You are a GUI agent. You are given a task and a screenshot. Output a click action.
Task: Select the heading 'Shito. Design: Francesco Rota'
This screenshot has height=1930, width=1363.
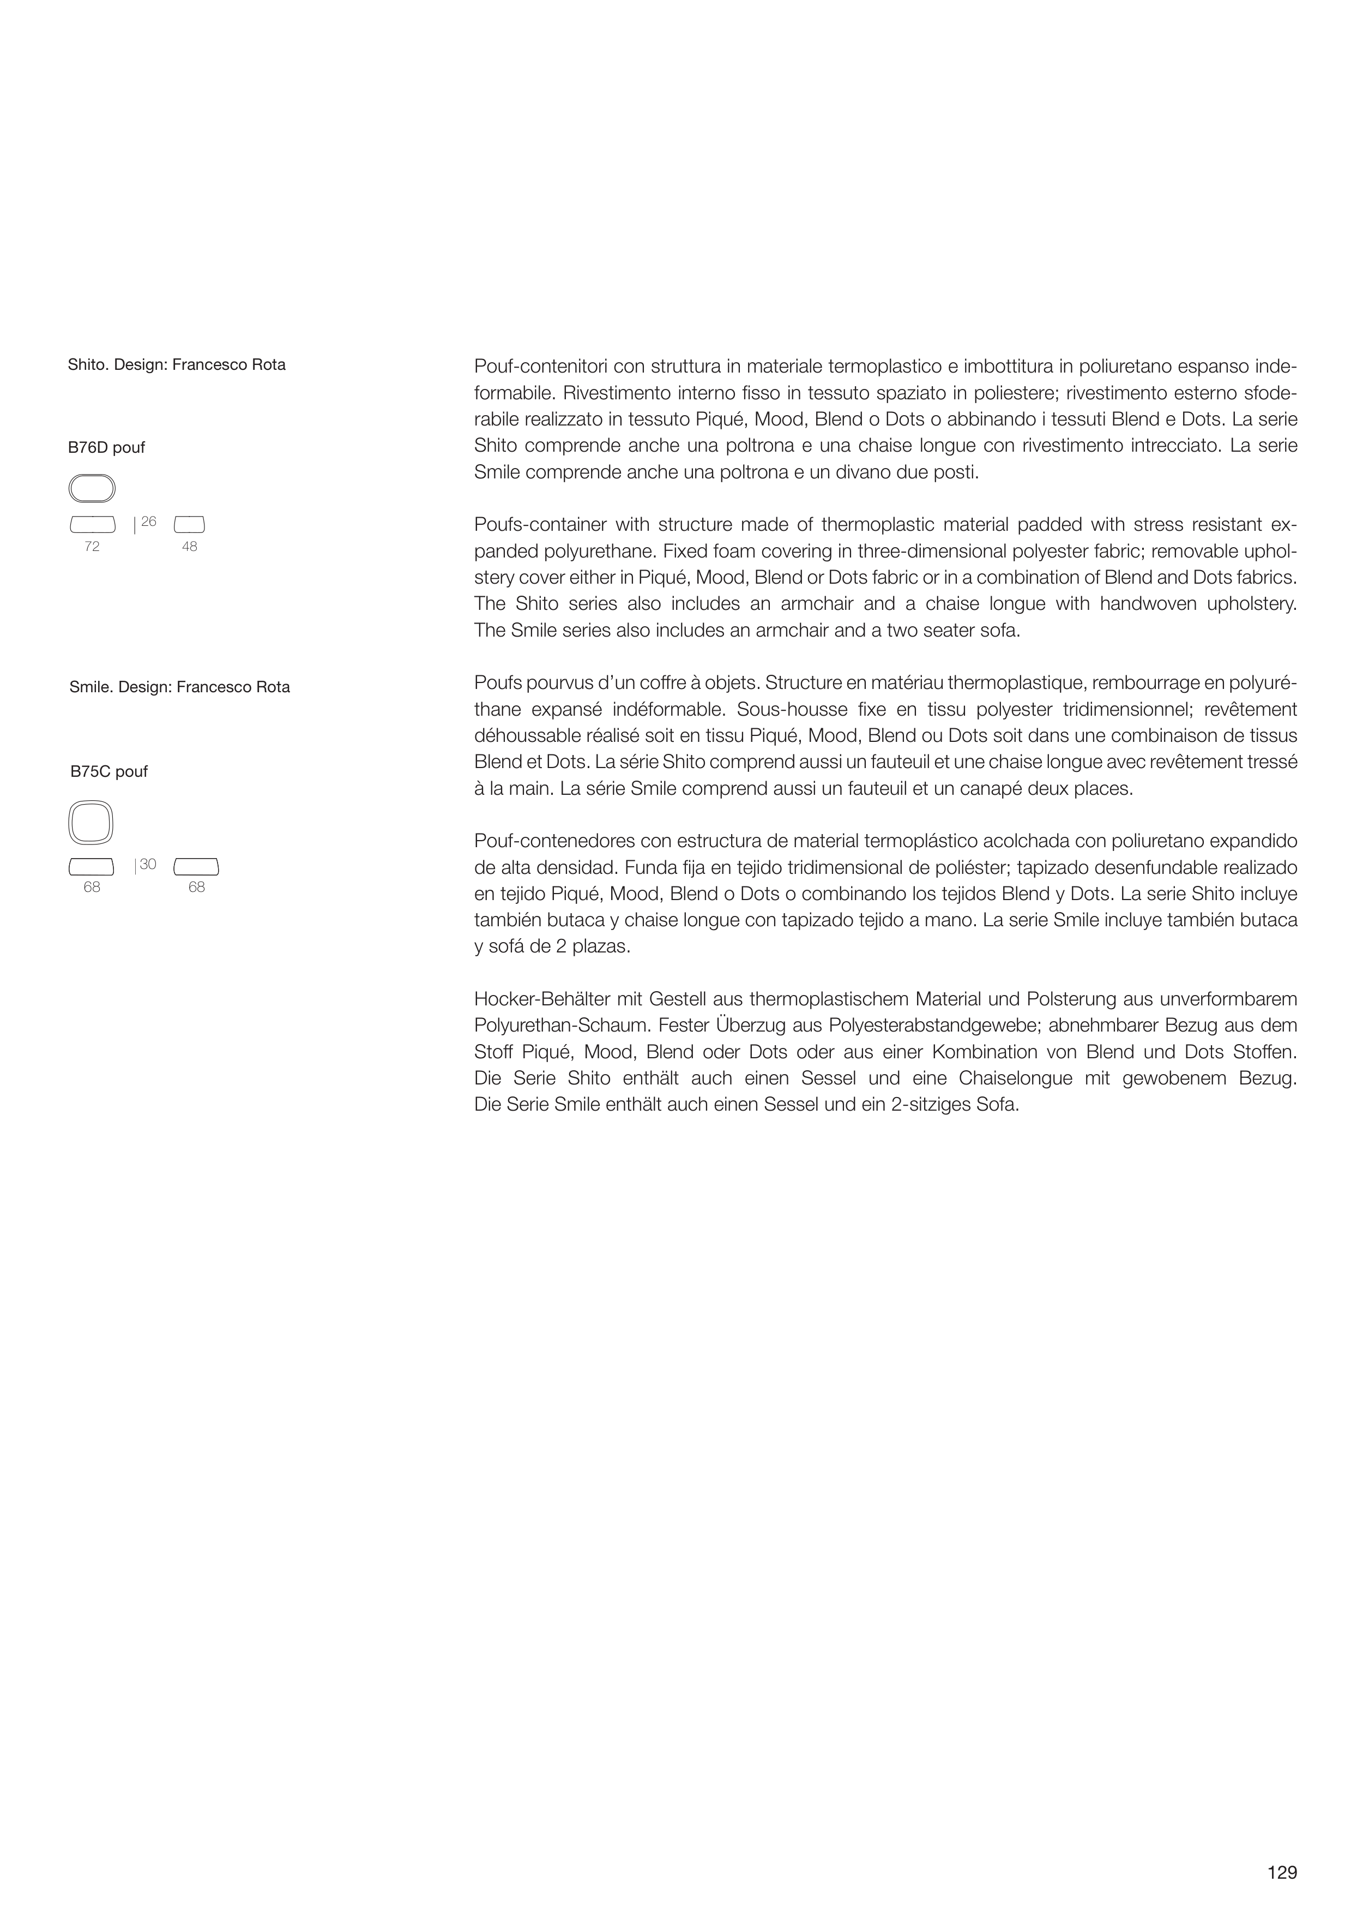177,365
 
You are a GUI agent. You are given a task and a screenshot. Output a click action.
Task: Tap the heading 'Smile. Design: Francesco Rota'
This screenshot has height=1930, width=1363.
180,687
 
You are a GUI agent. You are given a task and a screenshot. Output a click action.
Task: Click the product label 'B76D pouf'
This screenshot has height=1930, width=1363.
107,448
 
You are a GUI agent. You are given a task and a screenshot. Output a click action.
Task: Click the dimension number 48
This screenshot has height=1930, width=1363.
189,547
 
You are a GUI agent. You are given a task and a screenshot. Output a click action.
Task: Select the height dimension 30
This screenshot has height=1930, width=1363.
148,864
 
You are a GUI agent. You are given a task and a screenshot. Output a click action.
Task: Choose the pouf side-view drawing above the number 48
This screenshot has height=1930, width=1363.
189,525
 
